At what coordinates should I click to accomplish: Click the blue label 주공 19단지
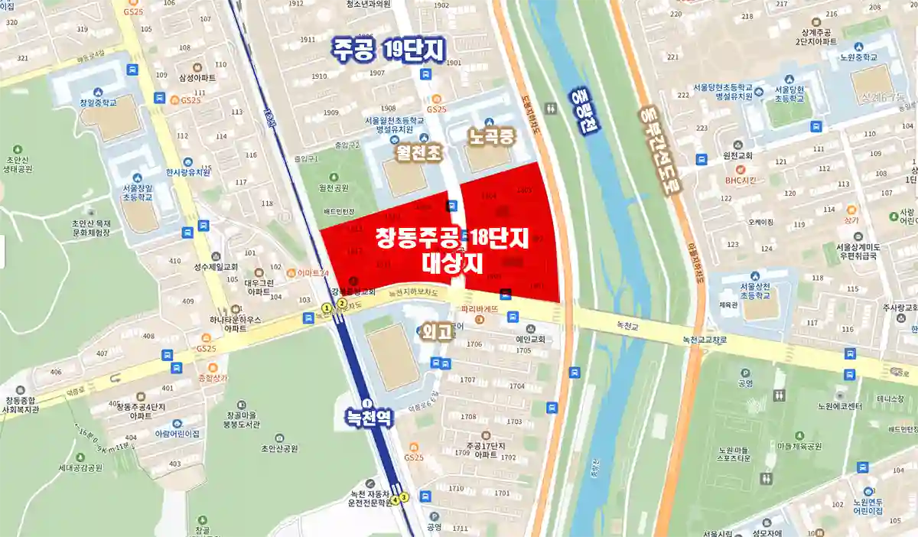click(387, 49)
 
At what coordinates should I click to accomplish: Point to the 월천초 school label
click(418, 152)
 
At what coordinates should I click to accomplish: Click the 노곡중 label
click(493, 138)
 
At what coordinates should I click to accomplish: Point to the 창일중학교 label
click(99, 102)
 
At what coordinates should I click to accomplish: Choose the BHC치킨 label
click(741, 180)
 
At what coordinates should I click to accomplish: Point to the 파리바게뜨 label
click(480, 309)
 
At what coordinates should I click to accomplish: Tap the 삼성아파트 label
click(197, 78)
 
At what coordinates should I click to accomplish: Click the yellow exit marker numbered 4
click(395, 500)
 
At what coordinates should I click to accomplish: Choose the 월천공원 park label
click(334, 187)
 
